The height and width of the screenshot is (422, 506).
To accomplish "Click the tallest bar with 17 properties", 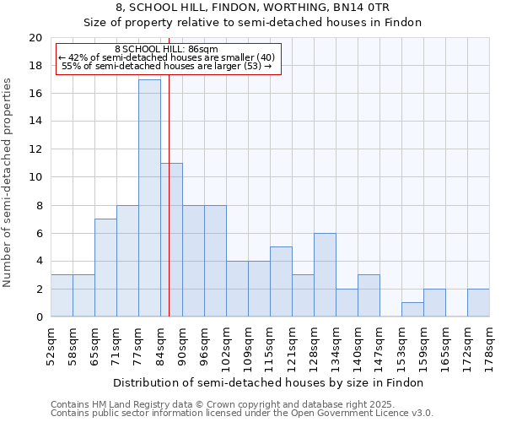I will click(x=149, y=198).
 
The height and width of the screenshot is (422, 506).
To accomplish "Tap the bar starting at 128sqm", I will click(x=325, y=274).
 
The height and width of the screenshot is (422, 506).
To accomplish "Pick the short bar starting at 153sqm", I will click(x=412, y=310).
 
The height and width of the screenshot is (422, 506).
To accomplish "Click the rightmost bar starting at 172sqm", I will click(x=478, y=303).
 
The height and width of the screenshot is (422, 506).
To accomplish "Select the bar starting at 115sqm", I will click(x=281, y=282).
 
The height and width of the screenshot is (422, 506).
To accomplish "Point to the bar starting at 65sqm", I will click(x=105, y=268).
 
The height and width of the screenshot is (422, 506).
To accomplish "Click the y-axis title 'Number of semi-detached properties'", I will click(x=8, y=182).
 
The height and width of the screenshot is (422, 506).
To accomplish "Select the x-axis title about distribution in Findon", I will click(x=270, y=382).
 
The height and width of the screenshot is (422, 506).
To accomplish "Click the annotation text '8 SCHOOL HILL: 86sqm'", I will click(x=165, y=50).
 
